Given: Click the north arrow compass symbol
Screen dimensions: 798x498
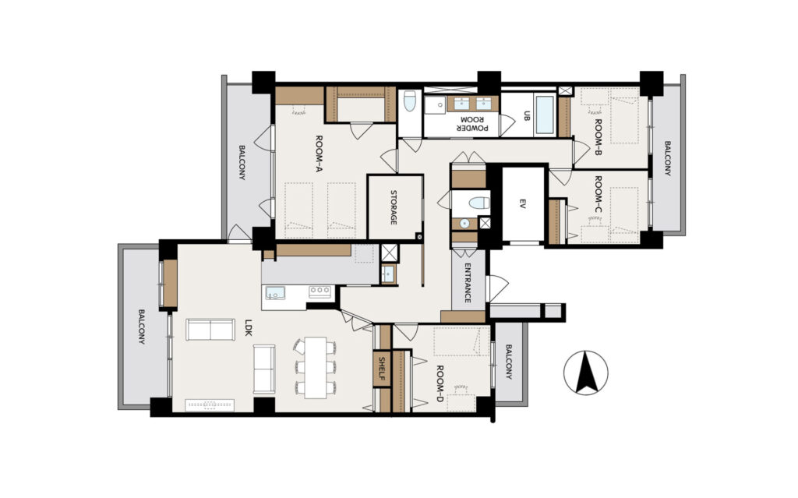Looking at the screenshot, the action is click(586, 373).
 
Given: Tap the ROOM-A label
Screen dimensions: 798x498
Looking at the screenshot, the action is click(320, 154).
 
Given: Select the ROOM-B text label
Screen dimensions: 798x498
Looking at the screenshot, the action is click(598, 137).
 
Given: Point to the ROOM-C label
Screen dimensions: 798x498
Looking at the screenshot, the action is click(598, 193).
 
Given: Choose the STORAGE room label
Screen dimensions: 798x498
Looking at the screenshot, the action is click(394, 207).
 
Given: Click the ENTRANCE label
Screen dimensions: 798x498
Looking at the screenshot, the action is click(468, 283).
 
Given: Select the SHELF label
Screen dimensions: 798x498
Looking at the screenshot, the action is click(381, 369).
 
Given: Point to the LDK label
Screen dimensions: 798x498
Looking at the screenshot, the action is click(249, 327).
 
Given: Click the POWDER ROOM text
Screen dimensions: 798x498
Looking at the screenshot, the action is click(471, 123).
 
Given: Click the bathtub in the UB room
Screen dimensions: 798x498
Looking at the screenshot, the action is click(545, 114).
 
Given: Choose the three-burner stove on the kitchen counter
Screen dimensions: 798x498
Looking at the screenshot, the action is click(320, 291).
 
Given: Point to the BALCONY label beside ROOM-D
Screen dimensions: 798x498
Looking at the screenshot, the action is click(509, 362).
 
